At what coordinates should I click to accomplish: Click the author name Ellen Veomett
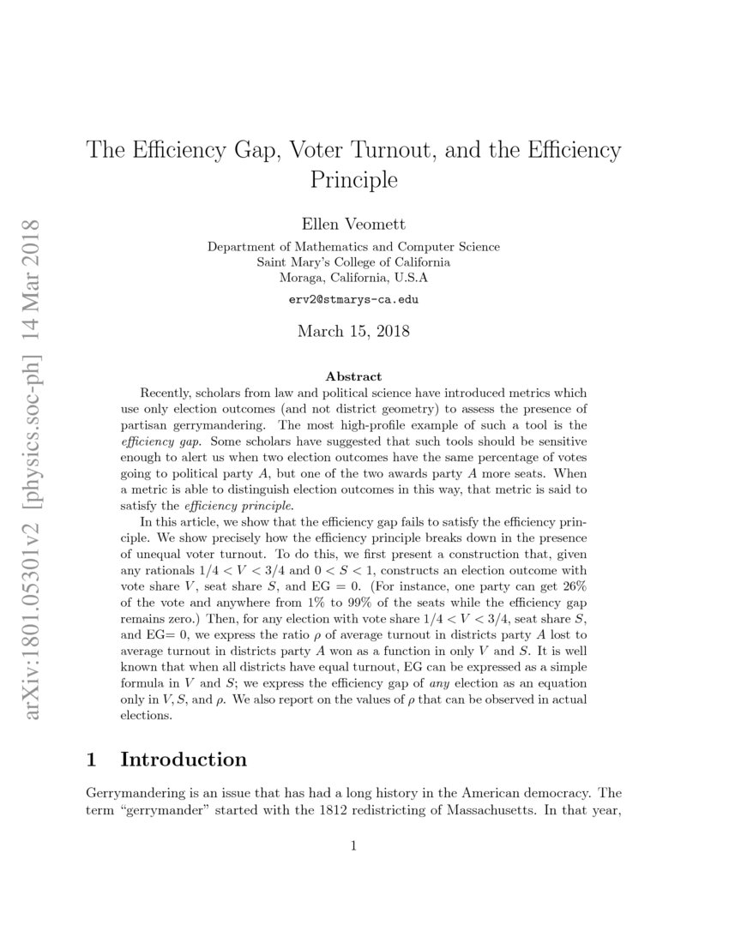pos(353,225)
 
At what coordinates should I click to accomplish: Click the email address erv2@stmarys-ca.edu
pos(353,301)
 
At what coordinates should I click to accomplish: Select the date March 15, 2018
pos(353,331)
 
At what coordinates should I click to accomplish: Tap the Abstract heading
pos(353,376)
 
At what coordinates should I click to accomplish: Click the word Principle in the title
pos(353,181)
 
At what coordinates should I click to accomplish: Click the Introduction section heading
pos(184,760)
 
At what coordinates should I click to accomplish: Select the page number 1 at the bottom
pos(353,846)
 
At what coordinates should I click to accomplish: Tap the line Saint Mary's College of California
pos(353,262)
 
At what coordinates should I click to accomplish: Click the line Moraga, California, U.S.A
pos(353,278)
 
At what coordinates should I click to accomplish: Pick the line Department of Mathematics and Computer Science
pos(353,247)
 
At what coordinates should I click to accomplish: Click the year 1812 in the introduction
pos(346,810)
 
